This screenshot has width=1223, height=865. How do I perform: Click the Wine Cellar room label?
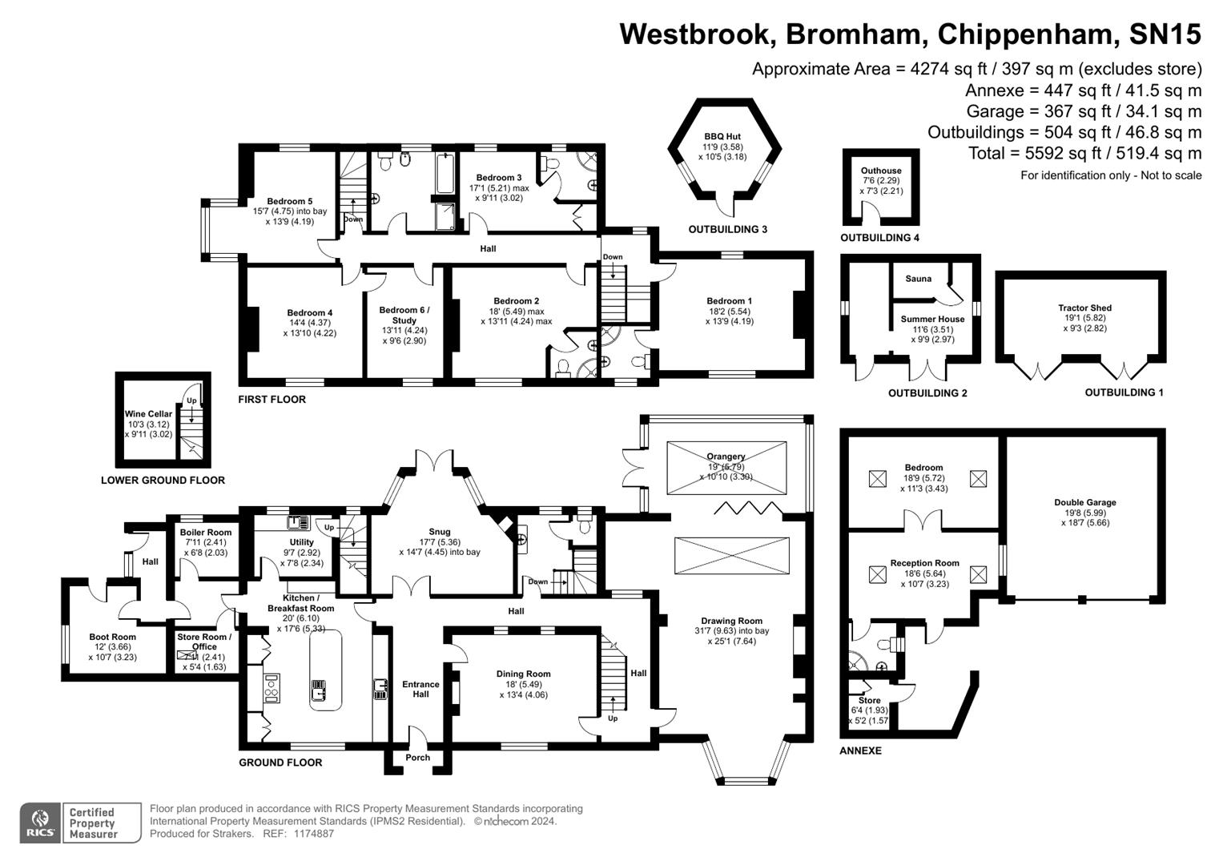148,414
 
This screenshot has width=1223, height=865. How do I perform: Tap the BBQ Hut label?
722,137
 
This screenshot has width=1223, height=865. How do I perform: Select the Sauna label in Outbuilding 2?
918,279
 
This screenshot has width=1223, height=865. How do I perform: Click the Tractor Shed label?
1084,308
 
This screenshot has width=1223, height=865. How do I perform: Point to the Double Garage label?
1084,502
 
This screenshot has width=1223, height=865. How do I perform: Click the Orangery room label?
726,457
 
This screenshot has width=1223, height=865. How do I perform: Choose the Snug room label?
440,532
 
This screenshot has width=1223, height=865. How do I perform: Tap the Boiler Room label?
206,533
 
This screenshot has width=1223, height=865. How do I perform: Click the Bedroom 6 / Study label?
404,315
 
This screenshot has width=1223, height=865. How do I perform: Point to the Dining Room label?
523,674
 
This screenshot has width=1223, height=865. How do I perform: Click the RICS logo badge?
39,823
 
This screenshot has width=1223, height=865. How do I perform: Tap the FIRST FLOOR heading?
272,400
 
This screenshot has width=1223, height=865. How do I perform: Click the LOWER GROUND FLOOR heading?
163,481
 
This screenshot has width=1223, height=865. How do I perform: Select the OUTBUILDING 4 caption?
879,238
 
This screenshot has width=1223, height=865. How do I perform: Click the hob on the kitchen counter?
272,687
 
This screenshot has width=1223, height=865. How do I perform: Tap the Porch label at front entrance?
417,758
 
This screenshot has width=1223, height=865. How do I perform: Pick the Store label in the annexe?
869,700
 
